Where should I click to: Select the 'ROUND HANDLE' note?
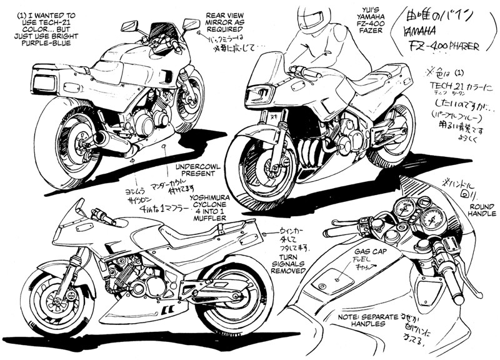click(482, 209)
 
